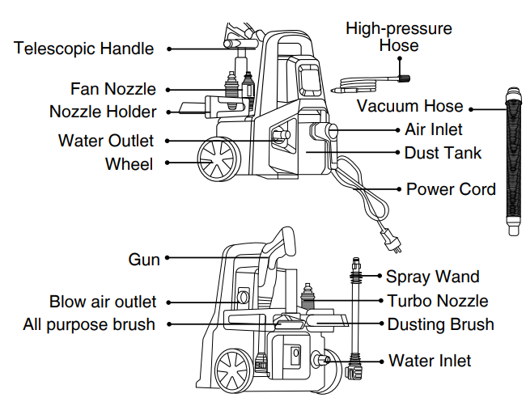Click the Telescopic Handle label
83,49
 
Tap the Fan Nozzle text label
112,89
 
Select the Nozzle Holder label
103,112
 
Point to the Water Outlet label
105,141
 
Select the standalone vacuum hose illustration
511,158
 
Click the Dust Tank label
443,152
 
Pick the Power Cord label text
451,189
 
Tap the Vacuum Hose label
410,107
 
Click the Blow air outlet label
103,302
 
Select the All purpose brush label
89,324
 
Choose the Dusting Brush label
440,324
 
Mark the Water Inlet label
430,360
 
